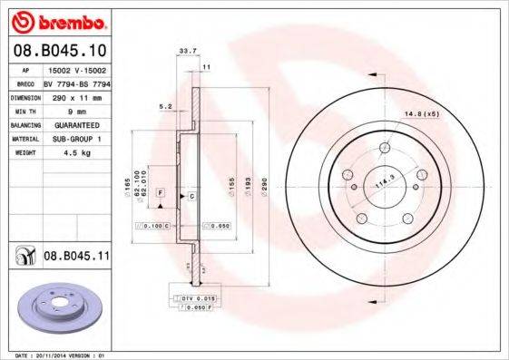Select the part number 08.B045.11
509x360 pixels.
[x=75, y=257]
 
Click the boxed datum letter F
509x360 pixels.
[x=160, y=193]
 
